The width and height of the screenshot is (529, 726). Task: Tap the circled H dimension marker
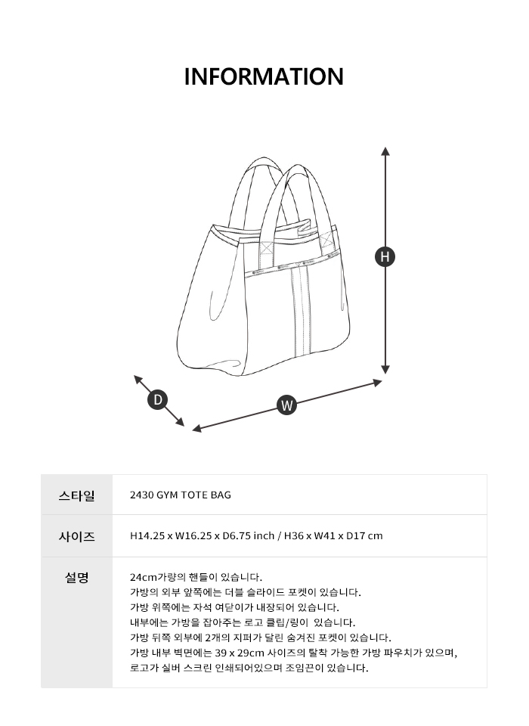point(385,256)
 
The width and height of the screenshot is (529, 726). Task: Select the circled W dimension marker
point(287,405)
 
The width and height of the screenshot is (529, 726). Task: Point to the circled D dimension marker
point(158,399)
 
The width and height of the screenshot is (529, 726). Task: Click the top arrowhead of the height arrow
point(385,150)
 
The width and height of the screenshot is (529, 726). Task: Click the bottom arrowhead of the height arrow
point(385,370)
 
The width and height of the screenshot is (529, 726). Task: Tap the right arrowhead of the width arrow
point(378,383)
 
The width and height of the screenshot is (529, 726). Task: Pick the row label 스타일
point(77,495)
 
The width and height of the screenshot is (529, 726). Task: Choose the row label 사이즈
point(77,536)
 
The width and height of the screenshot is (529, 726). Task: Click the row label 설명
point(77,577)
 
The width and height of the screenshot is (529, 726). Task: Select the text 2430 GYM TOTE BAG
point(181,495)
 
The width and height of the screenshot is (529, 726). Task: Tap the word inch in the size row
point(264,535)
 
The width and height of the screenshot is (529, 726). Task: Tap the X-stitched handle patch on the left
point(267,249)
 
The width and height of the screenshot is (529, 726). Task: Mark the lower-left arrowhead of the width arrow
point(196,429)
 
